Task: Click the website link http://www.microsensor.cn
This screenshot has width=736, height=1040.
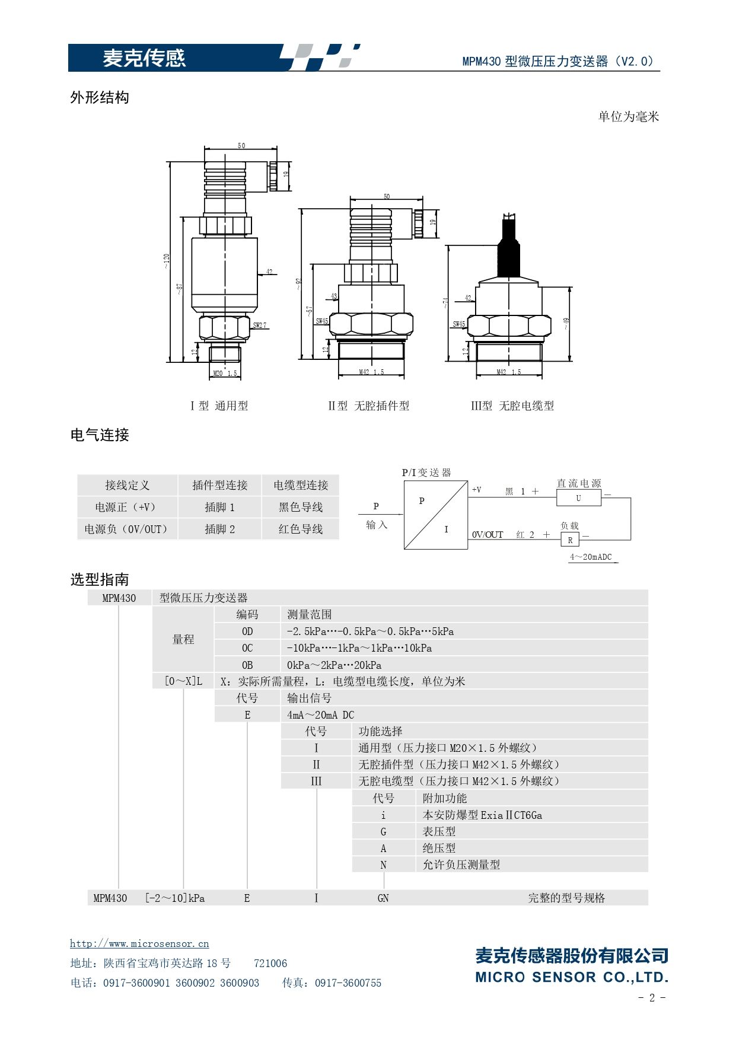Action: (x=139, y=943)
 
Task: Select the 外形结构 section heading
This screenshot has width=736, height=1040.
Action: (x=100, y=97)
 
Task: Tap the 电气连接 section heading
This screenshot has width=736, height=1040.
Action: (x=100, y=435)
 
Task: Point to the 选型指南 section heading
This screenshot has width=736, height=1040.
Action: (x=100, y=579)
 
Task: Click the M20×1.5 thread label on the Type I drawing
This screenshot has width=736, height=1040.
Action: (x=225, y=374)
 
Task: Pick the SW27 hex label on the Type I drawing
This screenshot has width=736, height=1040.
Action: (x=260, y=326)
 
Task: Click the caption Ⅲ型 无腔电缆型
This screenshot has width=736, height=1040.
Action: (x=512, y=406)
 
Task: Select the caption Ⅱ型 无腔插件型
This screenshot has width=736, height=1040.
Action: (x=368, y=406)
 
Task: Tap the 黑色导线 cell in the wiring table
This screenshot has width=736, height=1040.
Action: (x=301, y=507)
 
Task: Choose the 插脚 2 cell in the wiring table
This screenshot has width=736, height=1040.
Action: (x=220, y=529)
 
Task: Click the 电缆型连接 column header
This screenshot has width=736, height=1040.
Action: (x=301, y=485)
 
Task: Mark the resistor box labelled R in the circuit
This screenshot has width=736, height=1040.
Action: (x=570, y=540)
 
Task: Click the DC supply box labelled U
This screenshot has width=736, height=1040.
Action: (x=579, y=498)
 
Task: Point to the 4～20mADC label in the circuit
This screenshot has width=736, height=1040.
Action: (x=591, y=557)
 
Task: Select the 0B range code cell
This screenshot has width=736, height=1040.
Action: (x=247, y=665)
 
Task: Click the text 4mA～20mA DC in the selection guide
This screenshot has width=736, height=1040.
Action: (x=320, y=714)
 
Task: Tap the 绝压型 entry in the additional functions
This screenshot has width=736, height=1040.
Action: (x=439, y=848)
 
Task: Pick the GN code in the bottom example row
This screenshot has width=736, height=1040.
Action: (x=383, y=898)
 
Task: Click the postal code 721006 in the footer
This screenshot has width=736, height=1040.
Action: (x=270, y=963)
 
